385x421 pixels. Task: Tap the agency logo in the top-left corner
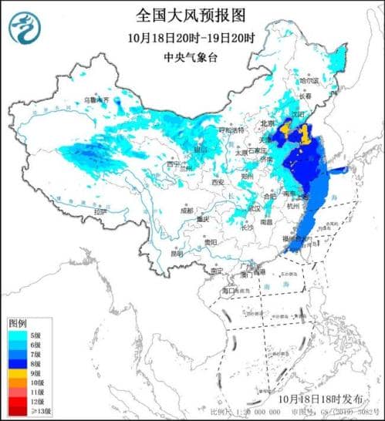pos(23,30)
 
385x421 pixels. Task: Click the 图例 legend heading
pos(17,322)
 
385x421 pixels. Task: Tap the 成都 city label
pos(187,209)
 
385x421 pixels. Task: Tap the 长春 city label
pos(308,97)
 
